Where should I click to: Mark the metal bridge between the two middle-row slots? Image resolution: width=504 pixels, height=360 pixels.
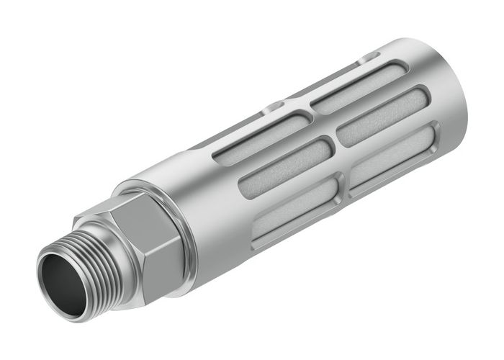coord(334,147)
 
